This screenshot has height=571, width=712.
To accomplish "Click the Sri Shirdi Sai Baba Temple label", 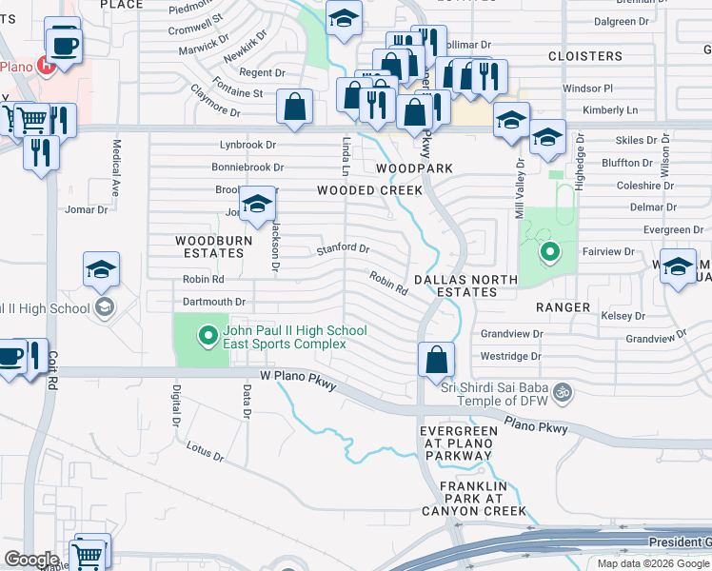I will (x=495, y=391).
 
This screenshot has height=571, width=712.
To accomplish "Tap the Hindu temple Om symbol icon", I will (x=562, y=391).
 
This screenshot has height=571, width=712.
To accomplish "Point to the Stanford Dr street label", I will (x=343, y=248).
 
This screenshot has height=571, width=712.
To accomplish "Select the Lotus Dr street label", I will (x=205, y=451).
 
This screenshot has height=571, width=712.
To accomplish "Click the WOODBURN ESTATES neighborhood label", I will (x=213, y=247).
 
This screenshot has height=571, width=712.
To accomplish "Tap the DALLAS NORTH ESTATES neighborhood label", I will (x=466, y=285).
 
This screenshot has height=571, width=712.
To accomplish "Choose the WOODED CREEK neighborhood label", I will (x=369, y=190).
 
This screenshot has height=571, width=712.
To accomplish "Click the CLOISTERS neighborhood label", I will (x=585, y=56).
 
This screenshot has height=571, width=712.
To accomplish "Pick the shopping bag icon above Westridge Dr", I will (x=436, y=359).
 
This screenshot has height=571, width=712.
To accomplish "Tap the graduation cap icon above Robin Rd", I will (x=101, y=269).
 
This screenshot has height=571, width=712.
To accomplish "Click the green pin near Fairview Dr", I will (x=549, y=252).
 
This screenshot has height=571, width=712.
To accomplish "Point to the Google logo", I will (x=31, y=560).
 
